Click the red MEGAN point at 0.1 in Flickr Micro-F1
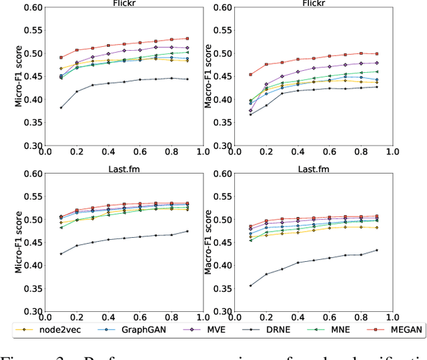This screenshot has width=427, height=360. (x=61, y=57)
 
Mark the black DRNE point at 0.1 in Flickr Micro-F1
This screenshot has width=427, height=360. (x=61, y=108)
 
